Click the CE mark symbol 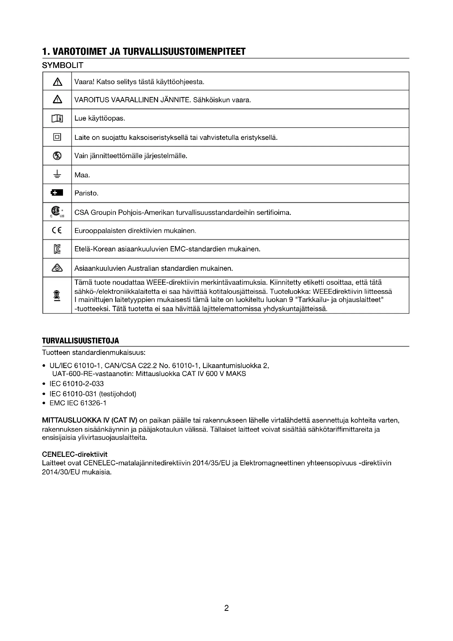pyautogui.click(x=57, y=230)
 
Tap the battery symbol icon pyautogui.click(x=57, y=193)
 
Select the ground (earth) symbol pyautogui.click(x=57, y=174)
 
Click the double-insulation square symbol pyautogui.click(x=57, y=137)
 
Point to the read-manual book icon pyautogui.click(x=57, y=118)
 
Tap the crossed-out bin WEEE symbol pyautogui.click(x=57, y=295)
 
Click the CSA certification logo pyautogui.click(x=57, y=212)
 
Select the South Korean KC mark pyautogui.click(x=57, y=249)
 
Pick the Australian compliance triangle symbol pyautogui.click(x=57, y=268)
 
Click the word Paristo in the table pyautogui.click(x=86, y=193)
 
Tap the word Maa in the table pyautogui.click(x=82, y=175)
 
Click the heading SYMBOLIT pyautogui.click(x=62, y=65)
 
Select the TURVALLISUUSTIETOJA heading pyautogui.click(x=80, y=341)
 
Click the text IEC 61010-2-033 pyautogui.click(x=76, y=384)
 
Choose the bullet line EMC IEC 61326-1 pyautogui.click(x=78, y=403)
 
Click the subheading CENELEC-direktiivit pyautogui.click(x=74, y=454)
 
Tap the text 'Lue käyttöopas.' pyautogui.click(x=100, y=118)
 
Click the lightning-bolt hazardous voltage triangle pyautogui.click(x=57, y=99)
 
